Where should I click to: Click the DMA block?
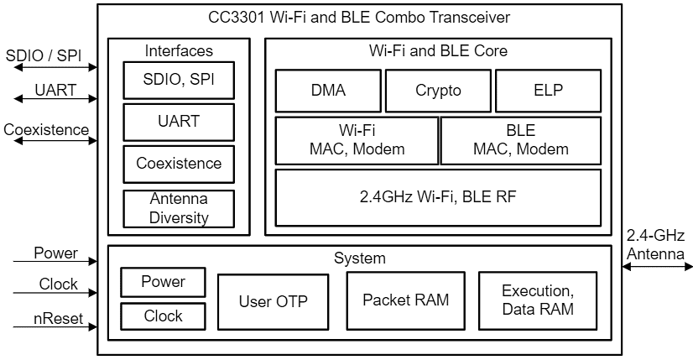click(x=328, y=91)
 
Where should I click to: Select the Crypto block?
click(x=438, y=91)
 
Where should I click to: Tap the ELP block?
click(x=548, y=91)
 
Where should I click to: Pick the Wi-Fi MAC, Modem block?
click(x=357, y=140)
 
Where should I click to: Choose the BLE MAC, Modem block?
click(x=520, y=140)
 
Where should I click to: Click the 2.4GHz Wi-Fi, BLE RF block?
click(x=438, y=197)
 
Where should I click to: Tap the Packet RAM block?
click(x=405, y=300)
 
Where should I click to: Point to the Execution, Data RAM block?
click(x=537, y=300)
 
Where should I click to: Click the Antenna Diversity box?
click(x=178, y=208)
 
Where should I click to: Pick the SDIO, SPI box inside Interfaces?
click(x=178, y=81)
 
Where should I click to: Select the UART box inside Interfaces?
click(x=178, y=122)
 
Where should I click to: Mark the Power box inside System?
click(x=163, y=282)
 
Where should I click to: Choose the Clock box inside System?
click(x=163, y=316)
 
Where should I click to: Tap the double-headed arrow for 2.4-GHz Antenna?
click(x=657, y=266)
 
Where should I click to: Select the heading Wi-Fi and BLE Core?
click(x=438, y=50)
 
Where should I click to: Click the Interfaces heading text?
click(x=178, y=50)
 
